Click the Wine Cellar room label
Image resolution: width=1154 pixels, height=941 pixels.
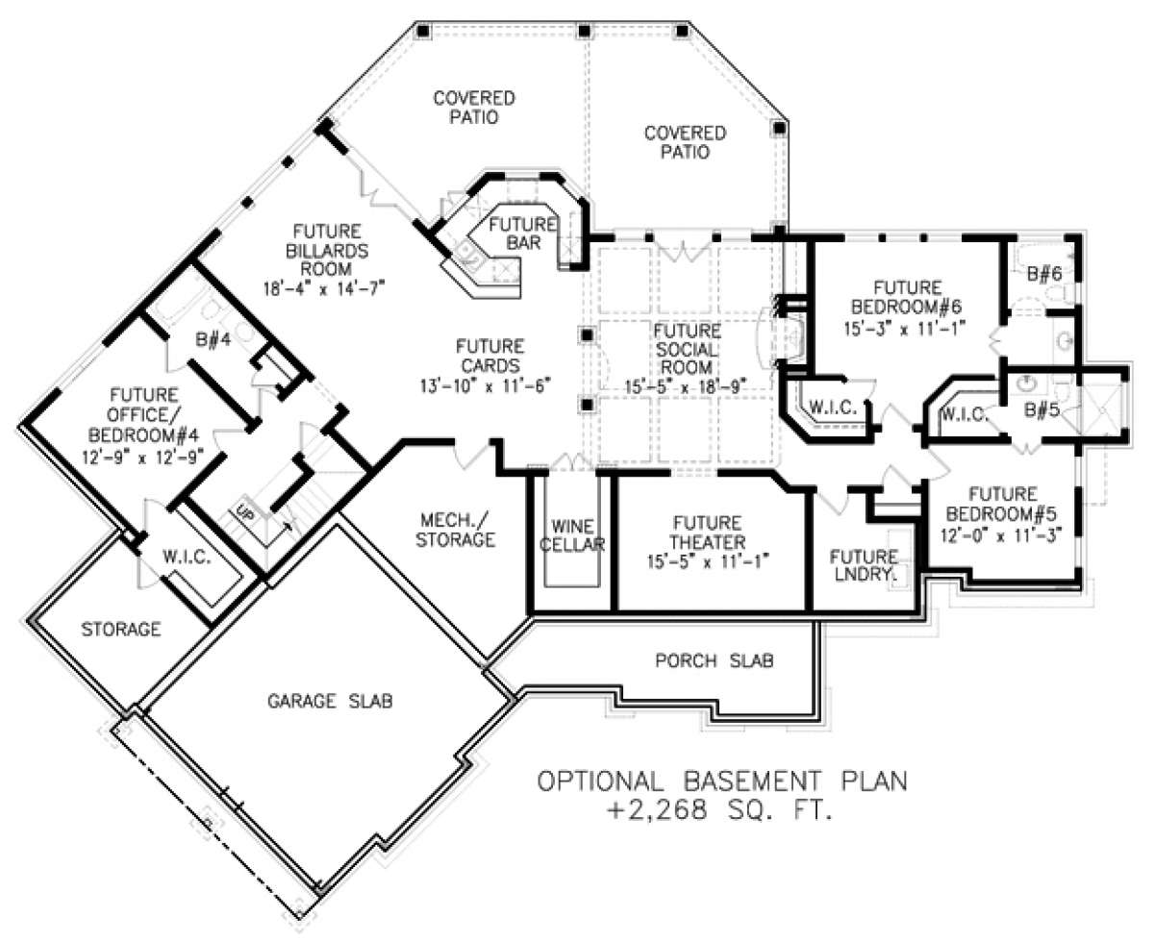tap(572, 535)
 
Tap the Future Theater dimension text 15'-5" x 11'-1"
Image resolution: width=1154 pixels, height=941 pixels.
tap(708, 561)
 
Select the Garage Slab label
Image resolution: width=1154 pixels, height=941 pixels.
tap(330, 701)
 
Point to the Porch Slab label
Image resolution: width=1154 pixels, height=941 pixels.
tap(715, 660)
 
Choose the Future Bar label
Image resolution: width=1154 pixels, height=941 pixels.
tap(522, 233)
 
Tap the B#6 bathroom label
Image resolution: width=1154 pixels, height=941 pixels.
tap(1044, 273)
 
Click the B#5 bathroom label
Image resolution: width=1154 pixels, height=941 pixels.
tap(1041, 410)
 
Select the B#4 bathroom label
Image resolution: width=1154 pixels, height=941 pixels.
tap(213, 339)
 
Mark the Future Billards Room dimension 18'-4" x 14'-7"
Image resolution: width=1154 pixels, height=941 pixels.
tap(324, 287)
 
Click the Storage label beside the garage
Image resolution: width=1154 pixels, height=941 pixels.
tap(121, 629)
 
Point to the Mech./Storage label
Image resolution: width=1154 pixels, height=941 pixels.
tap(455, 530)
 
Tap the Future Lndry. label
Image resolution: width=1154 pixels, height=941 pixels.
tap(864, 565)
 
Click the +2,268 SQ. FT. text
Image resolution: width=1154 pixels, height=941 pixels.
tap(720, 809)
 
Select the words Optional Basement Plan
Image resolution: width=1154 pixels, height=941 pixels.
tap(722, 780)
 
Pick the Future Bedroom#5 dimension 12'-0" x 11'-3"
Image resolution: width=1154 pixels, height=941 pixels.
tap(1001, 534)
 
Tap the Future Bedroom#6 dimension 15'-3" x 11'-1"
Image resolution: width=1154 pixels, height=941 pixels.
tap(904, 328)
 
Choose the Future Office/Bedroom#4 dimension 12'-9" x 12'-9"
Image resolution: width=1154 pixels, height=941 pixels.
tap(143, 456)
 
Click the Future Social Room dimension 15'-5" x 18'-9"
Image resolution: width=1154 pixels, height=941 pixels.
tap(687, 386)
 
